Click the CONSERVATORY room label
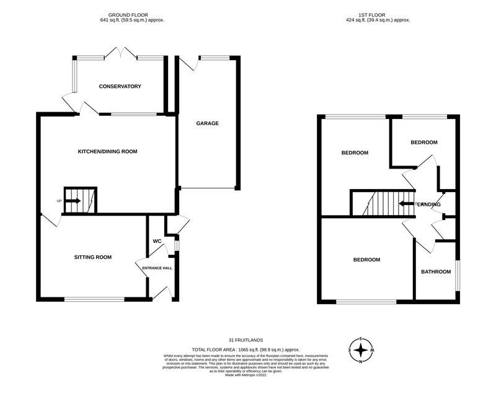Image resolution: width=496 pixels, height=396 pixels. [x=120, y=86]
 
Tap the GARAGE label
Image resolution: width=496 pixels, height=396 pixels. [x=208, y=123]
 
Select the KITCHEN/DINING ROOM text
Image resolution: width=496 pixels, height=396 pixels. [x=107, y=151]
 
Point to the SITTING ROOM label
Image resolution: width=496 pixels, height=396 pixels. [x=93, y=257]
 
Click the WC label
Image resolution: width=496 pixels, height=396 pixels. [x=157, y=241]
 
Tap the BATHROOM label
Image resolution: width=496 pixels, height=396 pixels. [x=436, y=271]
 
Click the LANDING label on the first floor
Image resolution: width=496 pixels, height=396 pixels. [x=429, y=204]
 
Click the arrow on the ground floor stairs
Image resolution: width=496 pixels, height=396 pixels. [x=73, y=201]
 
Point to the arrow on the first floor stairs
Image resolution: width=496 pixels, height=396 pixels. [x=406, y=203]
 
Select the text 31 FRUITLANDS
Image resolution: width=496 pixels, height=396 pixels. [x=247, y=340]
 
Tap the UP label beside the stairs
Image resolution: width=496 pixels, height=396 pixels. [x=59, y=201]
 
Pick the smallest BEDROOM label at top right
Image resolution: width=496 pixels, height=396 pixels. [x=424, y=142]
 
